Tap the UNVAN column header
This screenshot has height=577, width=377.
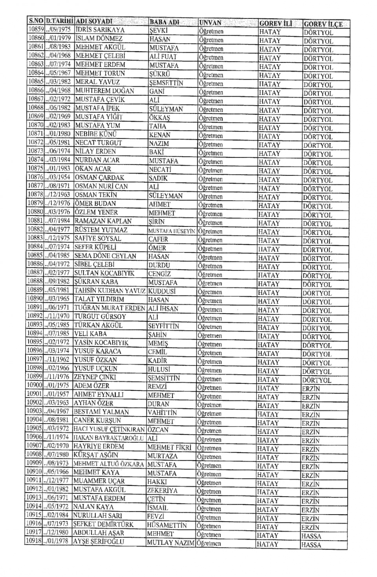[210, 23]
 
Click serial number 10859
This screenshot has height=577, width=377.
[35, 29]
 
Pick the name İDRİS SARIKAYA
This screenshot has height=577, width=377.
[100, 30]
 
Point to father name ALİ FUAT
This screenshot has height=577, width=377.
[163, 57]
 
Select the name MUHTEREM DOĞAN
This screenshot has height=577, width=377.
[105, 91]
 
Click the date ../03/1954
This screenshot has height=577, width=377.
[59, 177]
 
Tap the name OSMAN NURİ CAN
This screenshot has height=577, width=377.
[101, 186]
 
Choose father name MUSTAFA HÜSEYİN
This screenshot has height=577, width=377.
[172, 231]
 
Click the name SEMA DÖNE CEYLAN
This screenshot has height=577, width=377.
[105, 256]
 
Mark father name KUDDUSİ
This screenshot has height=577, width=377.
[162, 291]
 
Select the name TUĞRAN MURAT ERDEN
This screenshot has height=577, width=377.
[110, 308]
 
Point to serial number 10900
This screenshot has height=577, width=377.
[35, 385]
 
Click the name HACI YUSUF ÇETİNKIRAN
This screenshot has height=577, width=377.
[109, 429]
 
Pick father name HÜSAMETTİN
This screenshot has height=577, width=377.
[167, 525]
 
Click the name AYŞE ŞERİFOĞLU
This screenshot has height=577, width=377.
[99, 542]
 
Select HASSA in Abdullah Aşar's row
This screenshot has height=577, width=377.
[311, 536]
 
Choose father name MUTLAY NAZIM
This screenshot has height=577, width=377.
[170, 543]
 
